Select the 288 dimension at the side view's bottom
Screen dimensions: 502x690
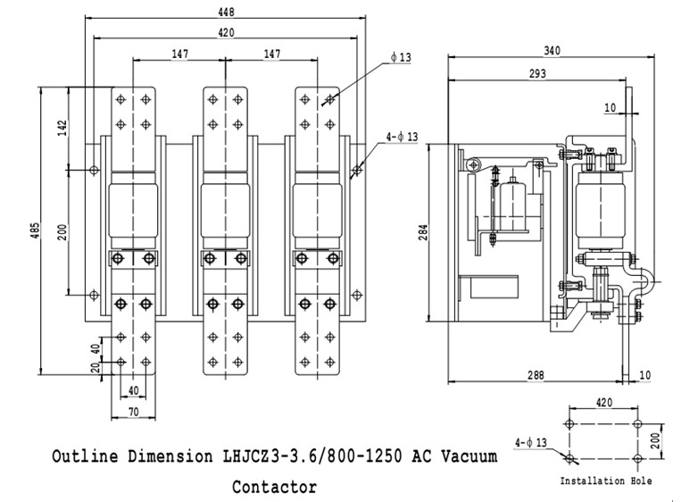click(536, 376)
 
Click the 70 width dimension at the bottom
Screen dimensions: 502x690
click(133, 414)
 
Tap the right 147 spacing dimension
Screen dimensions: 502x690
click(272, 54)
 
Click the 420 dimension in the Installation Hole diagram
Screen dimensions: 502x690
click(603, 403)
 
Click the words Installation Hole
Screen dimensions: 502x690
click(605, 481)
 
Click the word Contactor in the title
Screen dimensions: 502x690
click(274, 488)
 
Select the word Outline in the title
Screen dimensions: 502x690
click(83, 456)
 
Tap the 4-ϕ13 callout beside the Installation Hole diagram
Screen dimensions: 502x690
click(532, 441)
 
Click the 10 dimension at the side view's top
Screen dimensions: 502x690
click(610, 107)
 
